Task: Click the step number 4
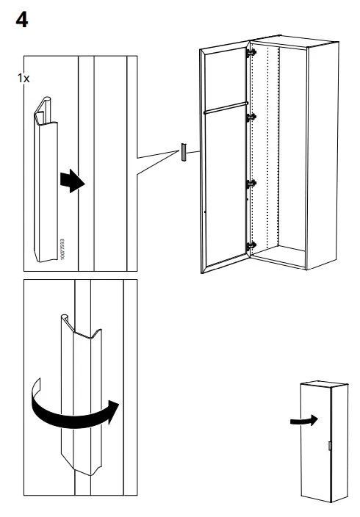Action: pyautogui.click(x=22, y=20)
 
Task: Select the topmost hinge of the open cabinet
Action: pyautogui.click(x=253, y=53)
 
